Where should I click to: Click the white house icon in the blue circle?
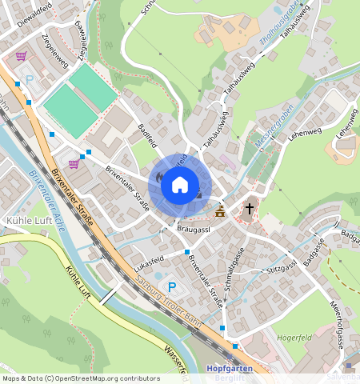[180, 185]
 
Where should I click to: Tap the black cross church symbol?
[249, 209]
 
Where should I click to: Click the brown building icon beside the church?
[220, 210]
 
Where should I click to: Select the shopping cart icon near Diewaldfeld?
[21, 57]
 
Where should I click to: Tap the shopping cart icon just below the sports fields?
[74, 164]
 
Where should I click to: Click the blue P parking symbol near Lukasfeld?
[171, 287]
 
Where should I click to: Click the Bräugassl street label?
[193, 230]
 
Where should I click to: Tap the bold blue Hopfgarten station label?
[230, 369]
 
